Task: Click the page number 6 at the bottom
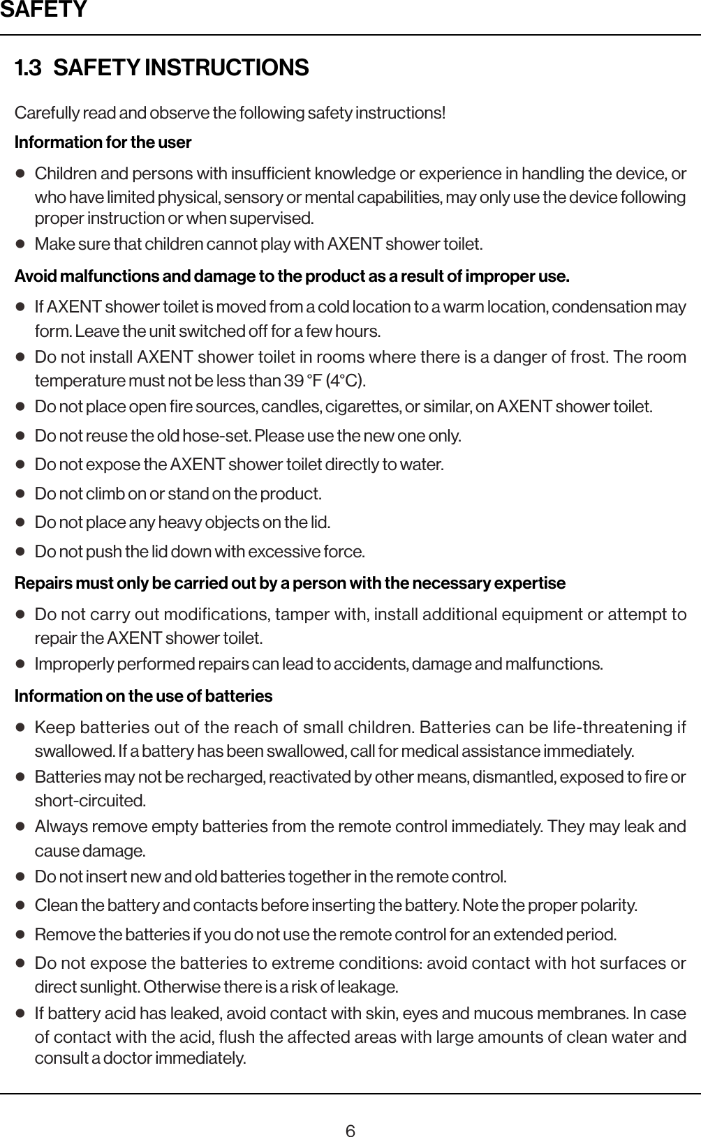[x=350, y=1111]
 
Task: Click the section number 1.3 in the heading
[x=28, y=68]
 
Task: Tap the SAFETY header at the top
[x=43, y=10]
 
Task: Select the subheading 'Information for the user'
[x=103, y=142]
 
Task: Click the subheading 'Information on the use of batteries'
[x=143, y=696]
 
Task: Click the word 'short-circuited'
[x=89, y=800]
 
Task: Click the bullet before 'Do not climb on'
[x=21, y=494]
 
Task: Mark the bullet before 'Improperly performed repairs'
[x=21, y=663]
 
